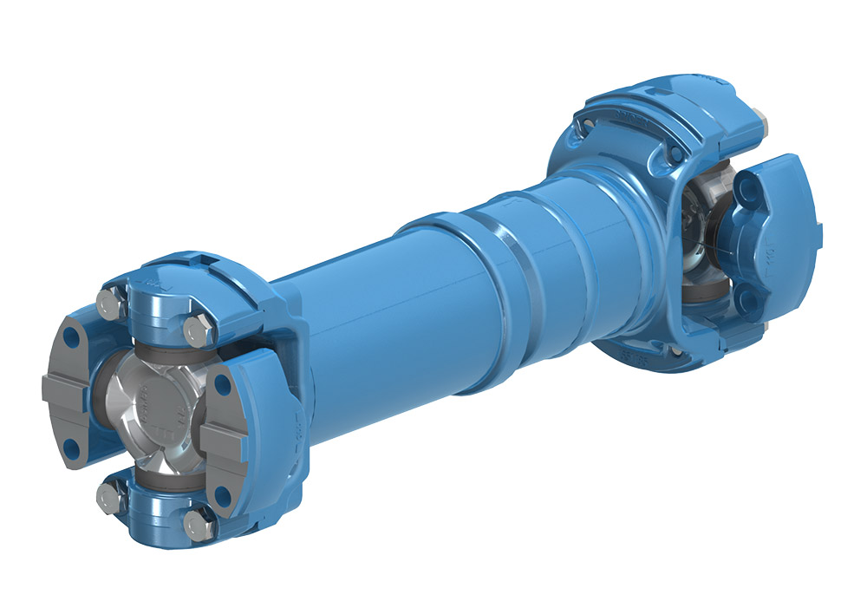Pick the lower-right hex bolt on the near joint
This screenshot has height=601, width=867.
coord(195,526)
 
